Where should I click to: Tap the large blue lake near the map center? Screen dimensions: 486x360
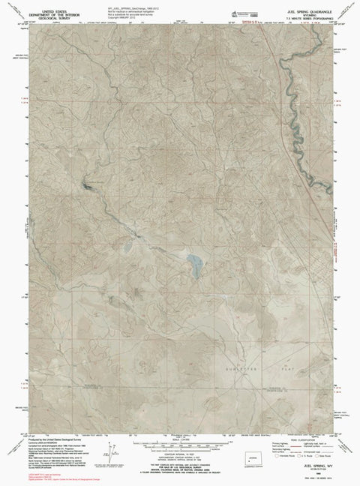point(195,264)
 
